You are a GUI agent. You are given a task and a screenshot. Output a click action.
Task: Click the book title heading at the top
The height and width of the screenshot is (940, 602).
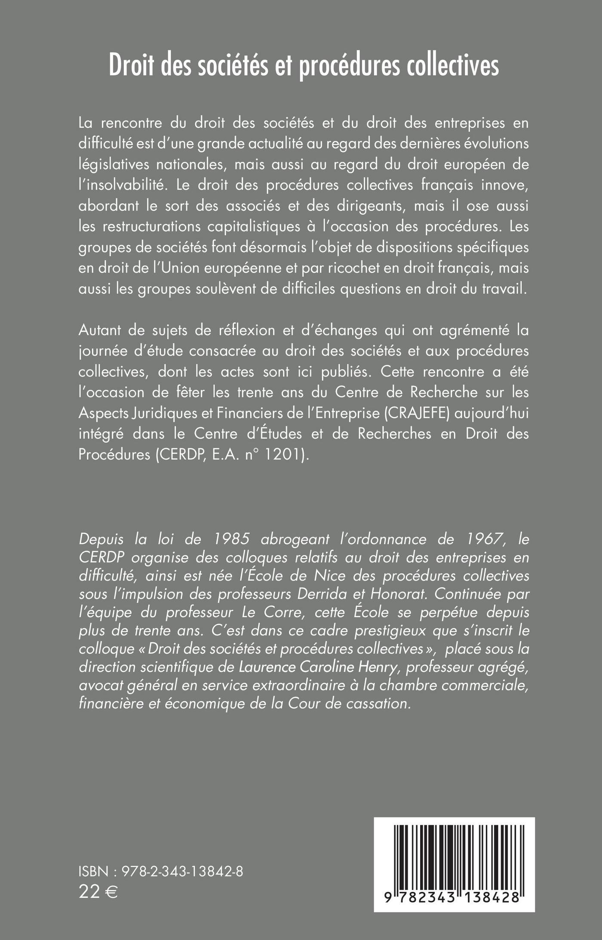304,66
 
